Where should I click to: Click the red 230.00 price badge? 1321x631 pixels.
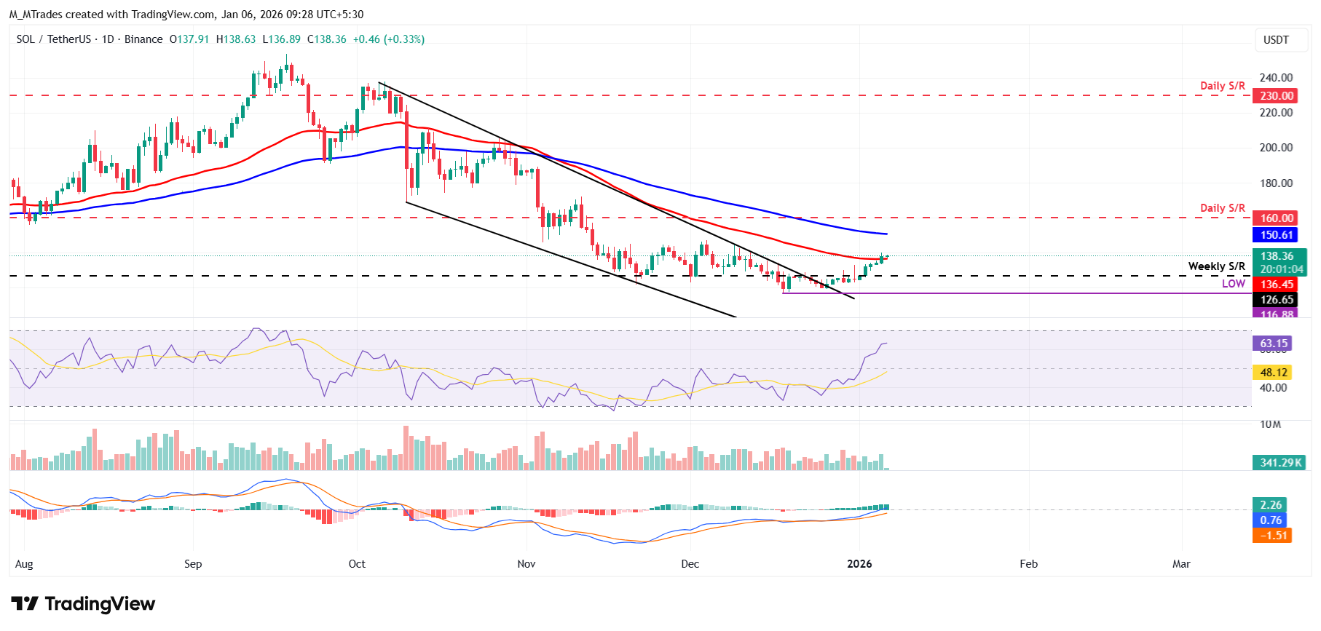coord(1277,96)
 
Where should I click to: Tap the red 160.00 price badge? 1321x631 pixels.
coord(1277,218)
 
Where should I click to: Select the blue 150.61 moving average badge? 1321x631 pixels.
coord(1277,235)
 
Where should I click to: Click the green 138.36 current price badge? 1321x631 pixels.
coord(1278,256)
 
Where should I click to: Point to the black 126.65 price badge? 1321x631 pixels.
coord(1277,300)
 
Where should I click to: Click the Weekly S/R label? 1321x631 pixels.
coord(1216,266)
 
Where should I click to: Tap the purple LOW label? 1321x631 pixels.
coord(1233,284)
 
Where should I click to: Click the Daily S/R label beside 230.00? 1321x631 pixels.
coord(1222,86)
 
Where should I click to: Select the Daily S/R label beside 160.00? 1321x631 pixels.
coord(1222,208)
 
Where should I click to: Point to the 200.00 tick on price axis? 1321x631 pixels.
coord(1276,148)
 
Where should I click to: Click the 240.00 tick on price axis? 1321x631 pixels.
coord(1276,78)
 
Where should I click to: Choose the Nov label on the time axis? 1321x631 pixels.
coord(526,564)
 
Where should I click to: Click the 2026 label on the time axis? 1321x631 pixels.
coord(859,564)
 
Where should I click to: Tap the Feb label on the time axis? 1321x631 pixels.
coord(1028,564)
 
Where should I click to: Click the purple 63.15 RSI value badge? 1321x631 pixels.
coord(1274,344)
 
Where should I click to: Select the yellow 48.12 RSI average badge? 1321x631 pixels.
coord(1274,373)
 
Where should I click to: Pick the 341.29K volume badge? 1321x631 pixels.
coord(1281,463)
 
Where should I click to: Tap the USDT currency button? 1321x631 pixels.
coord(1275,40)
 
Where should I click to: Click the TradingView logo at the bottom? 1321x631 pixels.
coord(83,604)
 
